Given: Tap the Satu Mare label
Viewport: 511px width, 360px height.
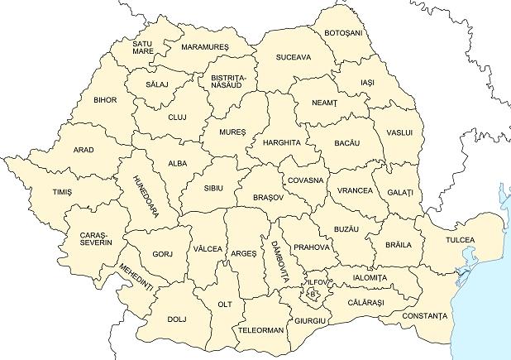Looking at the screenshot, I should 143,47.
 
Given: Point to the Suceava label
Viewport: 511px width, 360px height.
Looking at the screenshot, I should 294,57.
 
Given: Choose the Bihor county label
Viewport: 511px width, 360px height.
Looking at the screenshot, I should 106,100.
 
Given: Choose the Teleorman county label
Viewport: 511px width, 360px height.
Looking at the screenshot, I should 261,329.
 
